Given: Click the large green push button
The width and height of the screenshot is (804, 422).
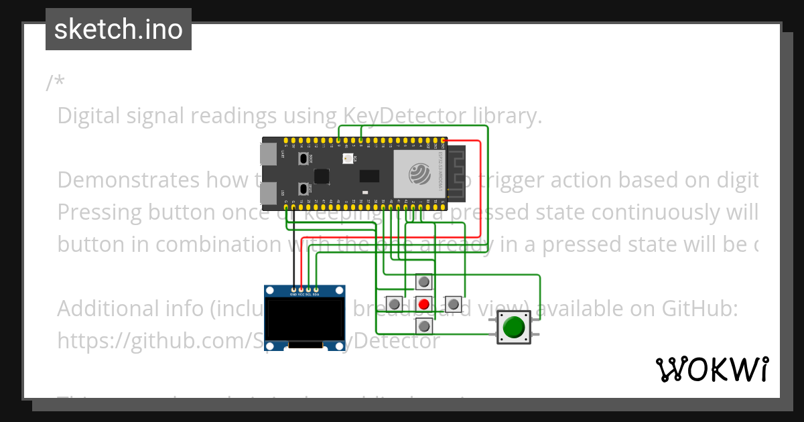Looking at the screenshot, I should (514, 328).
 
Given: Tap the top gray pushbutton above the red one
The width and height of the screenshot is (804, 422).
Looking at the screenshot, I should (424, 282).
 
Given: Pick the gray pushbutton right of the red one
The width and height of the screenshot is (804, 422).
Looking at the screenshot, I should (454, 304).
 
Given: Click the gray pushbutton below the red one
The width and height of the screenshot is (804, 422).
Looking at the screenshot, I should (424, 326).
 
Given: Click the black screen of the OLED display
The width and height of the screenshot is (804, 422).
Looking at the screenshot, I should (308, 320).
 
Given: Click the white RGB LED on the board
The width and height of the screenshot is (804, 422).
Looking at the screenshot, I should (347, 159).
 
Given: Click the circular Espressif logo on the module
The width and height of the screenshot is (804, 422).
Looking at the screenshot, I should (419, 175).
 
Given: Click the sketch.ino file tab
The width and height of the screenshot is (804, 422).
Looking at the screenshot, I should (119, 29).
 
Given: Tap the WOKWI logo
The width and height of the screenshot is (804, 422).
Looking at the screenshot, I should (712, 370).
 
